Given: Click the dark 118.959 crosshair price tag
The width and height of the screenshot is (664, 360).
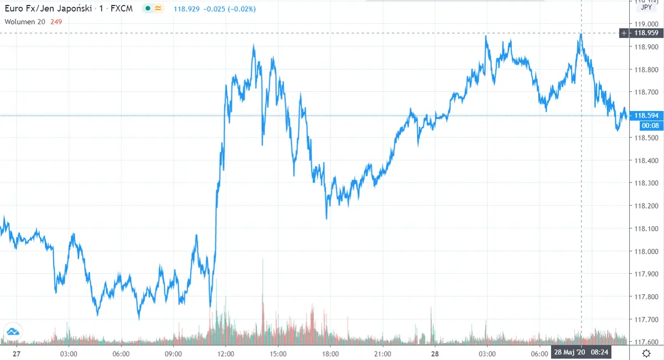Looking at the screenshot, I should tap(645, 33).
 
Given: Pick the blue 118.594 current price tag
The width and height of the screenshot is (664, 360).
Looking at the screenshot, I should tap(647, 116).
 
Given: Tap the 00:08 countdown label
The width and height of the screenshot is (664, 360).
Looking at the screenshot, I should tap(648, 126).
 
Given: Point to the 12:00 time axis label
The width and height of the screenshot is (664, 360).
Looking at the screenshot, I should tap(226, 353).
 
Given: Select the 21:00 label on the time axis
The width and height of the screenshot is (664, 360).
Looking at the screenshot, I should tap(383, 353).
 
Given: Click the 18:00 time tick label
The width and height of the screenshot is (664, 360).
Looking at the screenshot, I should tap(330, 353).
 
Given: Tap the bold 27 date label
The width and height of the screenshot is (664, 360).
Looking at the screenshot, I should tap(16, 353).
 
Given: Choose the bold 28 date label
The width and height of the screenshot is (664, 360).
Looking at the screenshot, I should tap(435, 353).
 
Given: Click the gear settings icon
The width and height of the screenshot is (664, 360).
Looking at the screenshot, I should tap(646, 353).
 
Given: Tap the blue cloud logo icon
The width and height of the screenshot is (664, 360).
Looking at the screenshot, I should tap(12, 332).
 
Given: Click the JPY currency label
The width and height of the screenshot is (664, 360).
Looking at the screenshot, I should tap(646, 8).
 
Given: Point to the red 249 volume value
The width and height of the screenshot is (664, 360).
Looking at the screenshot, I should tap(56, 22).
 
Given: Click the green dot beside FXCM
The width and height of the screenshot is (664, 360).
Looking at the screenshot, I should tap(146, 8).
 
